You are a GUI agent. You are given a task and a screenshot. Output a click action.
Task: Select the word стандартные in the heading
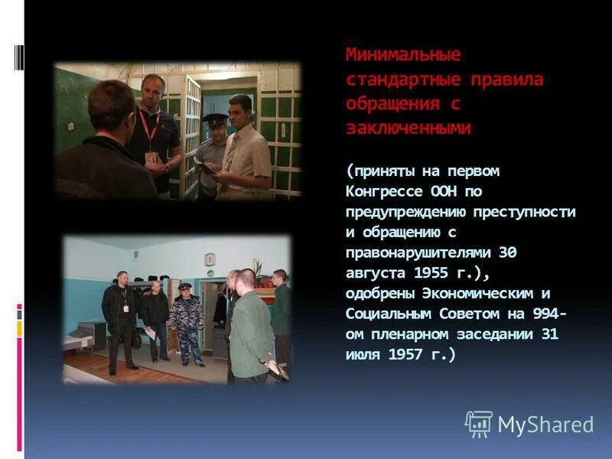click(397, 80)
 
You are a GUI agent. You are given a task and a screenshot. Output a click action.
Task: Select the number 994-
click(548, 314)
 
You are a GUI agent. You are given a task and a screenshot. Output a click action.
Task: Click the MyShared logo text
click(545, 425)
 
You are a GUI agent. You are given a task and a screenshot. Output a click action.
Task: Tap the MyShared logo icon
click(478, 424)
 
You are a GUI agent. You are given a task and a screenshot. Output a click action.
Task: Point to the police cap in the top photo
click(215, 120)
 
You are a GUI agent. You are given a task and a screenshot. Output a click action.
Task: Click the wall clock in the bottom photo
click(210, 259)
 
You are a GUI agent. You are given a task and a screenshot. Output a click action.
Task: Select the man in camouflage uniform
click(186, 321)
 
